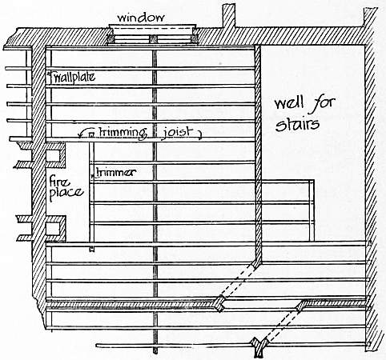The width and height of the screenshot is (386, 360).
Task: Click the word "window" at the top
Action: click(141, 18)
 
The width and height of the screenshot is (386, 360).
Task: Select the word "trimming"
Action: click(123, 133)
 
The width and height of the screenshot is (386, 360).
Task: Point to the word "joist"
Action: click(177, 132)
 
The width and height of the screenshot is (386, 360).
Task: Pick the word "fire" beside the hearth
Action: click(60, 182)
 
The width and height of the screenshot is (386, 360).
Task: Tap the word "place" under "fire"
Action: click(66, 194)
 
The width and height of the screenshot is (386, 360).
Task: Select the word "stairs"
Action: click(297, 124)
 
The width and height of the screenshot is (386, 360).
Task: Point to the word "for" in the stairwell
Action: click(323, 103)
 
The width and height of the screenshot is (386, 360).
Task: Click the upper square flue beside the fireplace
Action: click(52, 156)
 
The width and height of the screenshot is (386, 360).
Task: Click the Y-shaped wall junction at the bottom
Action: click(259, 346)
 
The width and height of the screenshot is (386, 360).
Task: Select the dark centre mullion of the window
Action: click(153, 39)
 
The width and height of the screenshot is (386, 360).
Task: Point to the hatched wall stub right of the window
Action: click(229, 15)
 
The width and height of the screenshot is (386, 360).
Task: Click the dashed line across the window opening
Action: click(152, 29)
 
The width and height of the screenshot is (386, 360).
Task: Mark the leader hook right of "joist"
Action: click(199, 135)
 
